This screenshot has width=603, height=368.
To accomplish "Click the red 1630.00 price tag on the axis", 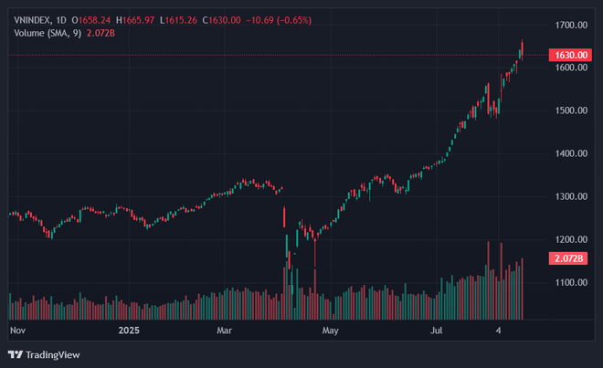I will pyautogui.click(x=570, y=56).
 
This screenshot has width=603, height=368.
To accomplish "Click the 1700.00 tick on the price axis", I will pyautogui.click(x=571, y=25).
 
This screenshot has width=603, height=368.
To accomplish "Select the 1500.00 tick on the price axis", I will pyautogui.click(x=571, y=110).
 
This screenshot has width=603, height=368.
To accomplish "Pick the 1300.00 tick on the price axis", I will pyautogui.click(x=571, y=196).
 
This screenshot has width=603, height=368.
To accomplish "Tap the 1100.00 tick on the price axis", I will pyautogui.click(x=571, y=283).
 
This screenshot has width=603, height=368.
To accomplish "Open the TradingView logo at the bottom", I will pyautogui.click(x=43, y=354).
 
